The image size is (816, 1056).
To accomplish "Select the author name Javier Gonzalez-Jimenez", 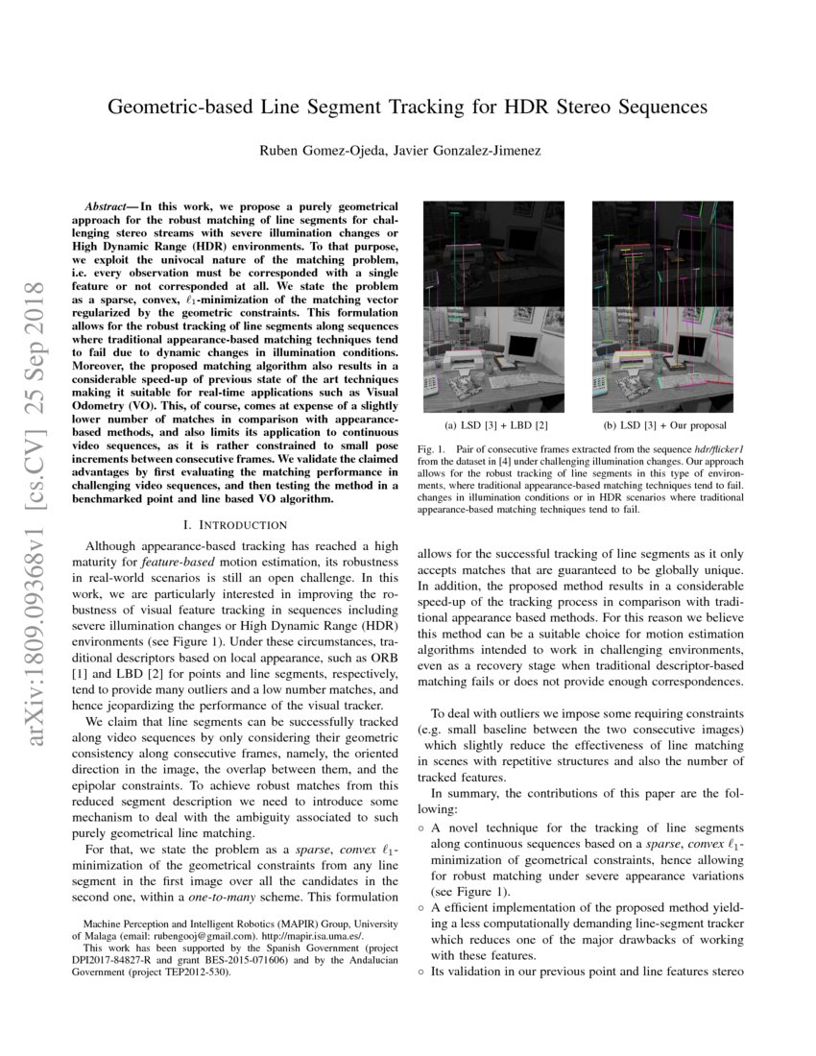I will [468, 150].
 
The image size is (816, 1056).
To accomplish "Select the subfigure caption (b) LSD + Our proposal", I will [665, 424].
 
